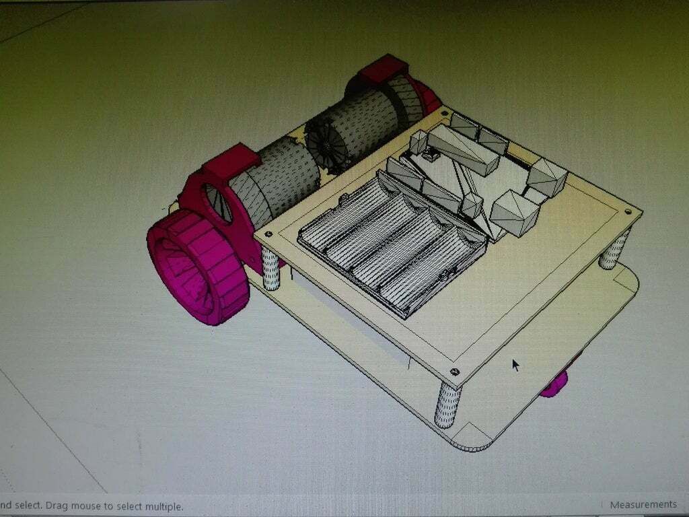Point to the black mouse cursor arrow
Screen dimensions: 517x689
tap(515, 364)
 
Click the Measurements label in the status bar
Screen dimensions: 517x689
tap(643, 504)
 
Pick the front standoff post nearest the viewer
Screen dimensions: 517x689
tap(447, 404)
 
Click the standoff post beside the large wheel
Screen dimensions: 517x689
tap(270, 268)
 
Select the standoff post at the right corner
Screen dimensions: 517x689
tap(614, 249)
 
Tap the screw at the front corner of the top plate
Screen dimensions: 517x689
tap(456, 371)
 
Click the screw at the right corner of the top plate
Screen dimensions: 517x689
tap(628, 211)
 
